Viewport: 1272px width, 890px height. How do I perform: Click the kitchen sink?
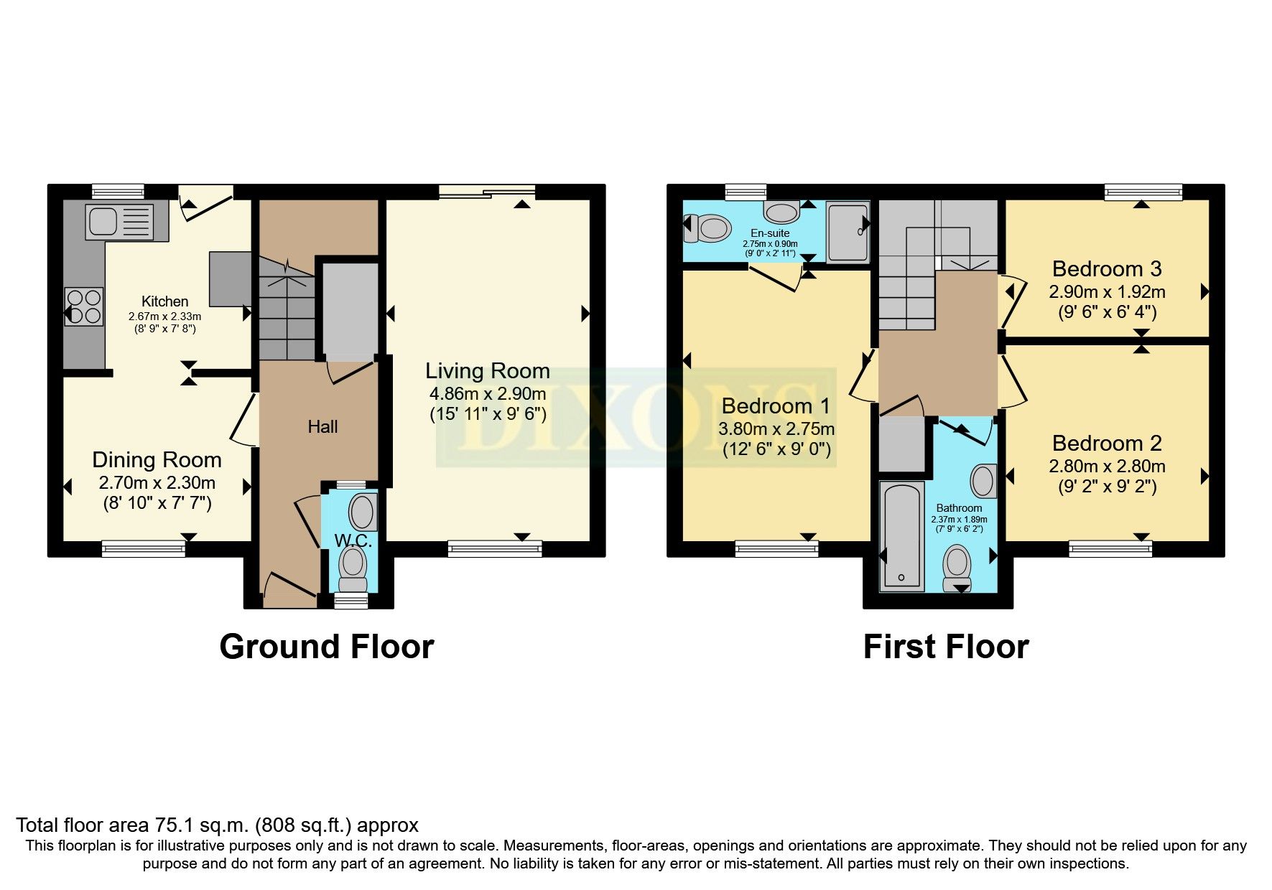tap(119, 221)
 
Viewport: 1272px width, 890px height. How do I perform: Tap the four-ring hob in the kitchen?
tap(84, 306)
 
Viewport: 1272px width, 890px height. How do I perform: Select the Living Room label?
tap(488, 371)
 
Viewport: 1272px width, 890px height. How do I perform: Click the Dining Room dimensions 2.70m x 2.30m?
tap(157, 483)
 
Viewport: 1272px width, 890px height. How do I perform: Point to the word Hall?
tap(322, 427)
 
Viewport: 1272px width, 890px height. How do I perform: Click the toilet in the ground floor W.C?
tap(353, 567)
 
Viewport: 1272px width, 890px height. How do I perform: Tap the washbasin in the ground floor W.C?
tap(363, 512)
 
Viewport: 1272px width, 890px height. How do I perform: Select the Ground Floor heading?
tap(326, 647)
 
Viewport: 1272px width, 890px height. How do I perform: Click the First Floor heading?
tap(945, 647)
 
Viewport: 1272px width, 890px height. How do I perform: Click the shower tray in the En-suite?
tap(848, 230)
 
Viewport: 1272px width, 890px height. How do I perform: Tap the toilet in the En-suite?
tap(707, 228)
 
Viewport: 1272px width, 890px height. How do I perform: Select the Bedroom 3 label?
tap(1106, 269)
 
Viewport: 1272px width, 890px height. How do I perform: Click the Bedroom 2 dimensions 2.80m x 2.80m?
tap(1107, 467)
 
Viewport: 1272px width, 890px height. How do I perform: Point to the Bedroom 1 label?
tap(776, 406)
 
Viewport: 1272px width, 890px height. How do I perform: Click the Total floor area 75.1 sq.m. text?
tap(217, 825)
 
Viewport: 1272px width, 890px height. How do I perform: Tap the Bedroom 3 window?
tap(1143, 192)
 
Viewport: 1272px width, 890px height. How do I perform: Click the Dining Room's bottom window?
tap(144, 549)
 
